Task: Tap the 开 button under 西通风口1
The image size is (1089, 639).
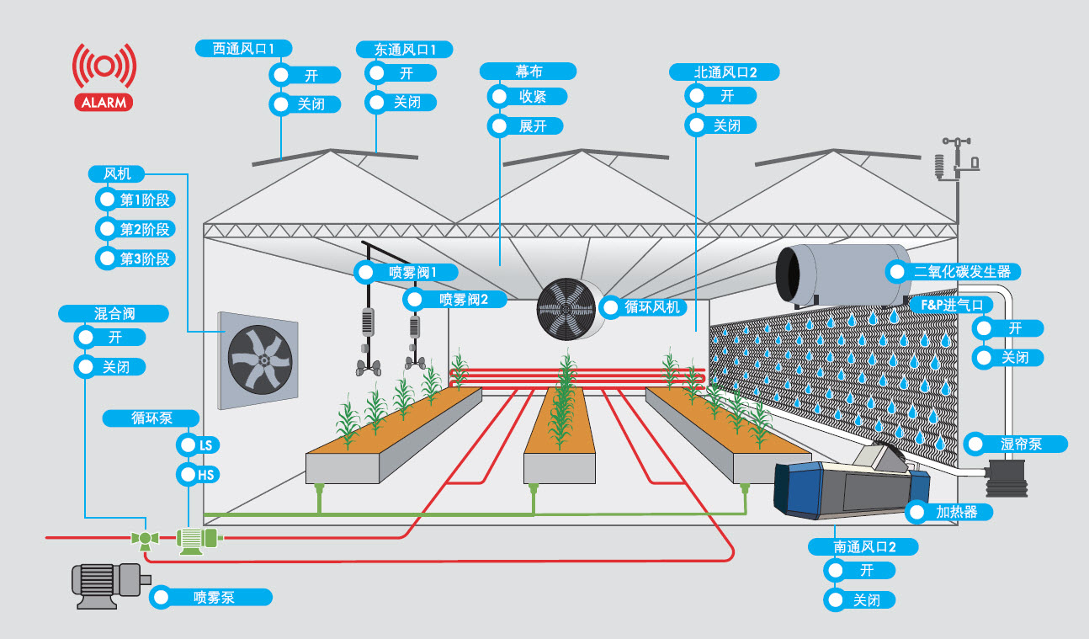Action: click(x=304, y=75)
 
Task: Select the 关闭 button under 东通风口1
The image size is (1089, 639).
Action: click(x=400, y=103)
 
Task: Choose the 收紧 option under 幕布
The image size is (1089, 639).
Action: click(x=526, y=96)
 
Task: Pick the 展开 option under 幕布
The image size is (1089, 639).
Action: click(x=526, y=126)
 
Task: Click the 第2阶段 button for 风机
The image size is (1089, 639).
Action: click(x=135, y=229)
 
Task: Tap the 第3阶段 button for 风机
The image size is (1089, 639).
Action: click(x=135, y=258)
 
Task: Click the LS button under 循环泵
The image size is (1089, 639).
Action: click(x=199, y=445)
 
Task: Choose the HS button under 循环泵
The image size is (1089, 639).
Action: click(x=199, y=475)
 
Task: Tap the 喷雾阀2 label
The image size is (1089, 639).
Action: click(x=454, y=299)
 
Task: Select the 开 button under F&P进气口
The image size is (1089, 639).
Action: click(x=1006, y=328)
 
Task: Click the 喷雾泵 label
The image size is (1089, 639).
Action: click(x=210, y=598)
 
